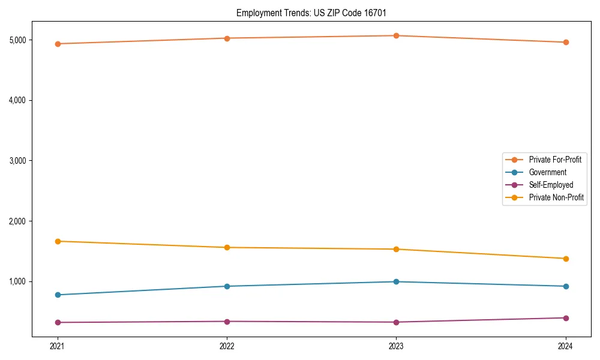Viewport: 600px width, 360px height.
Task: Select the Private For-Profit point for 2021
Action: [x=58, y=44]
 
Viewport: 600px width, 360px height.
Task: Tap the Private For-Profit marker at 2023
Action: [x=396, y=35]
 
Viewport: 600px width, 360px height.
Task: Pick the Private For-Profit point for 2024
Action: [x=566, y=42]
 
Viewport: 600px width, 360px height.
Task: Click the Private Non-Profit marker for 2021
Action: [x=58, y=241]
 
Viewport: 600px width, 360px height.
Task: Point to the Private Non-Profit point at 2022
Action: [x=227, y=247]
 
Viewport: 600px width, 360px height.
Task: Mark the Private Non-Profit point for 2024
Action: [x=566, y=259]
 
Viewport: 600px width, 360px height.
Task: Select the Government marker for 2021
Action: [x=58, y=295]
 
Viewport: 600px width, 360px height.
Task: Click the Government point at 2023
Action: [x=396, y=281]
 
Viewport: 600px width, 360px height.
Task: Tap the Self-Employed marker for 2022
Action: [x=227, y=322]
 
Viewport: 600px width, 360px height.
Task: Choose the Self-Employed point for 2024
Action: [x=566, y=318]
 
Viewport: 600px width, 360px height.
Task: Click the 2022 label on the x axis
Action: [x=227, y=346]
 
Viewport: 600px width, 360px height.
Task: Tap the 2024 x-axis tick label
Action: [x=566, y=346]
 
